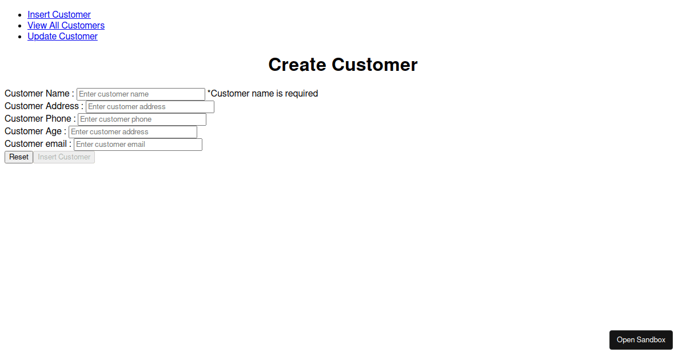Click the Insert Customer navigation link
coord(59,14)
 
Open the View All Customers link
coord(66,25)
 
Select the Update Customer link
coord(62,36)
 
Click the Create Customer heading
coord(342,65)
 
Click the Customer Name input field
coord(141,94)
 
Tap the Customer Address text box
coord(150,106)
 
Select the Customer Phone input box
coord(142,119)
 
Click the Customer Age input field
coord(133,131)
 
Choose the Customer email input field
coord(138,144)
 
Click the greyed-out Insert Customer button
coord(64,157)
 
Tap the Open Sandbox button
coord(641,340)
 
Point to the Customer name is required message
coord(263,93)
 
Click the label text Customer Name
coord(37,93)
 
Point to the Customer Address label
coord(42,106)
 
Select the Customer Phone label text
coord(38,118)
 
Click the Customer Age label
coord(33,131)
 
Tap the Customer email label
coord(35,143)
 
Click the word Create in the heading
coord(297,65)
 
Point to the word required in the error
coord(302,94)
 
